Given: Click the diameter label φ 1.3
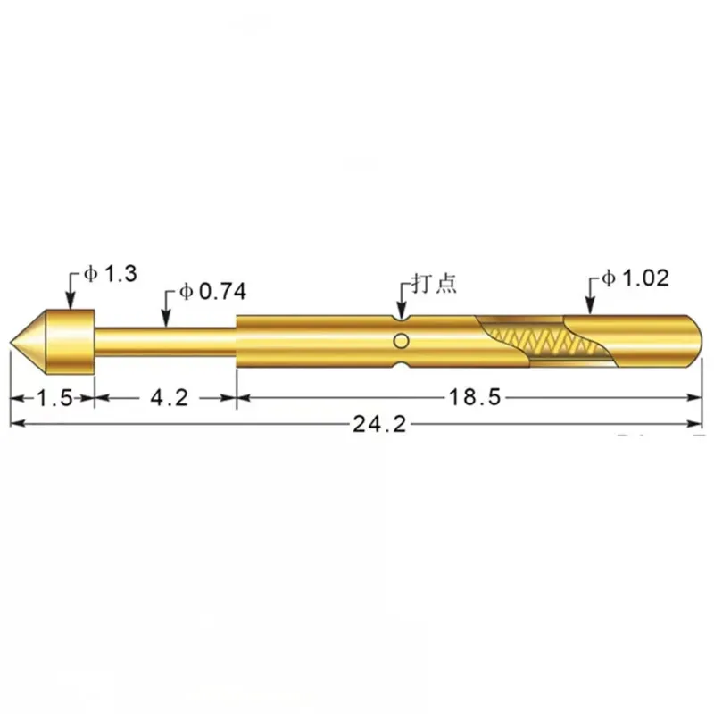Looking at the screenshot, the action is (110, 274).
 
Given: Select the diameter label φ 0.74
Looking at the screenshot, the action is (213, 292).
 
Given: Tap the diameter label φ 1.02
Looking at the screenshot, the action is (635, 278).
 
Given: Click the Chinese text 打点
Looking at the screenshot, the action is (434, 284).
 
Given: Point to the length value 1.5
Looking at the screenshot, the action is (54, 398).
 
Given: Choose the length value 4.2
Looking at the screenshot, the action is (170, 398).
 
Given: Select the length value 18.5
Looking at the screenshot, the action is (475, 397).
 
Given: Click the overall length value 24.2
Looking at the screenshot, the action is (379, 425).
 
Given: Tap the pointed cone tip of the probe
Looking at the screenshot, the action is (11, 342).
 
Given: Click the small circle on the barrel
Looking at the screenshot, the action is (401, 341).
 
